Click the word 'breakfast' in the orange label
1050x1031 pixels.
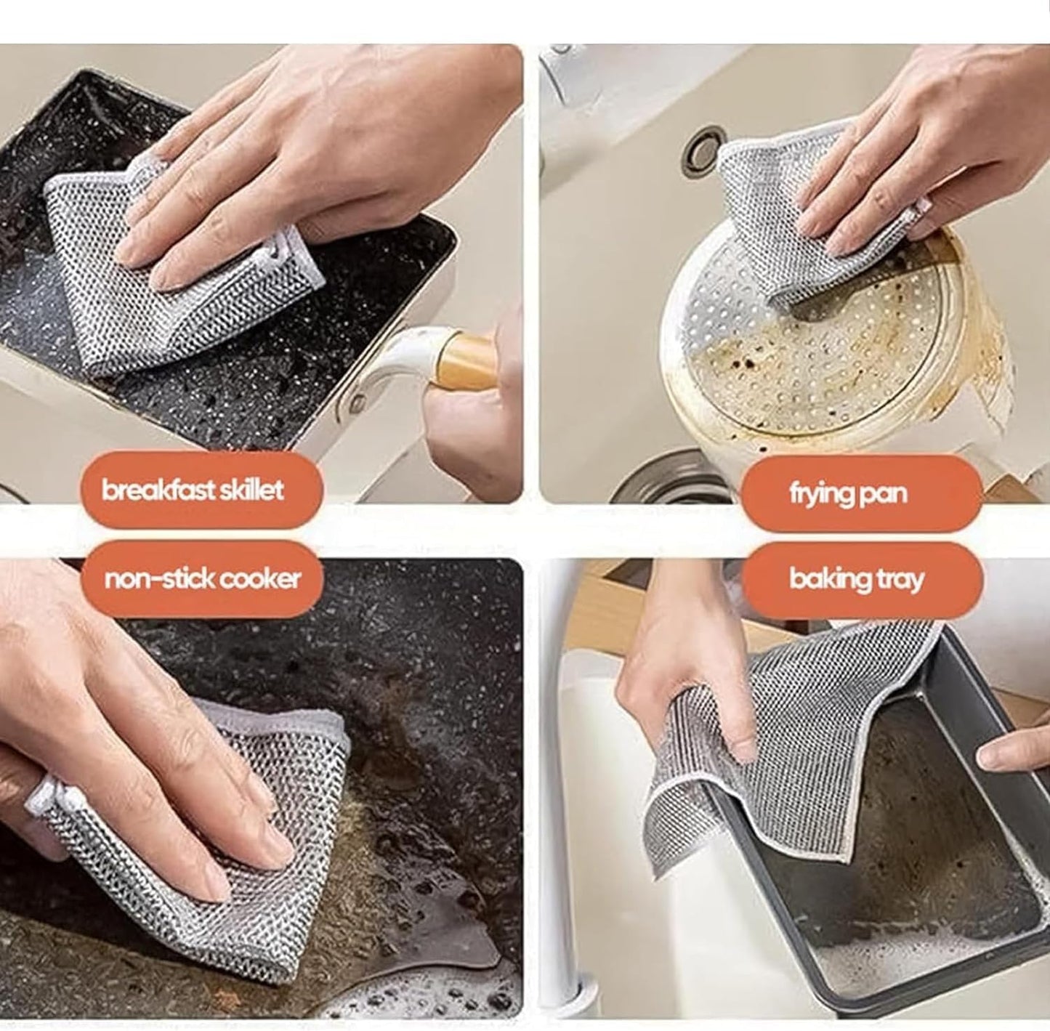[x=153, y=490]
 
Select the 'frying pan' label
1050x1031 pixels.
[x=849, y=494]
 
